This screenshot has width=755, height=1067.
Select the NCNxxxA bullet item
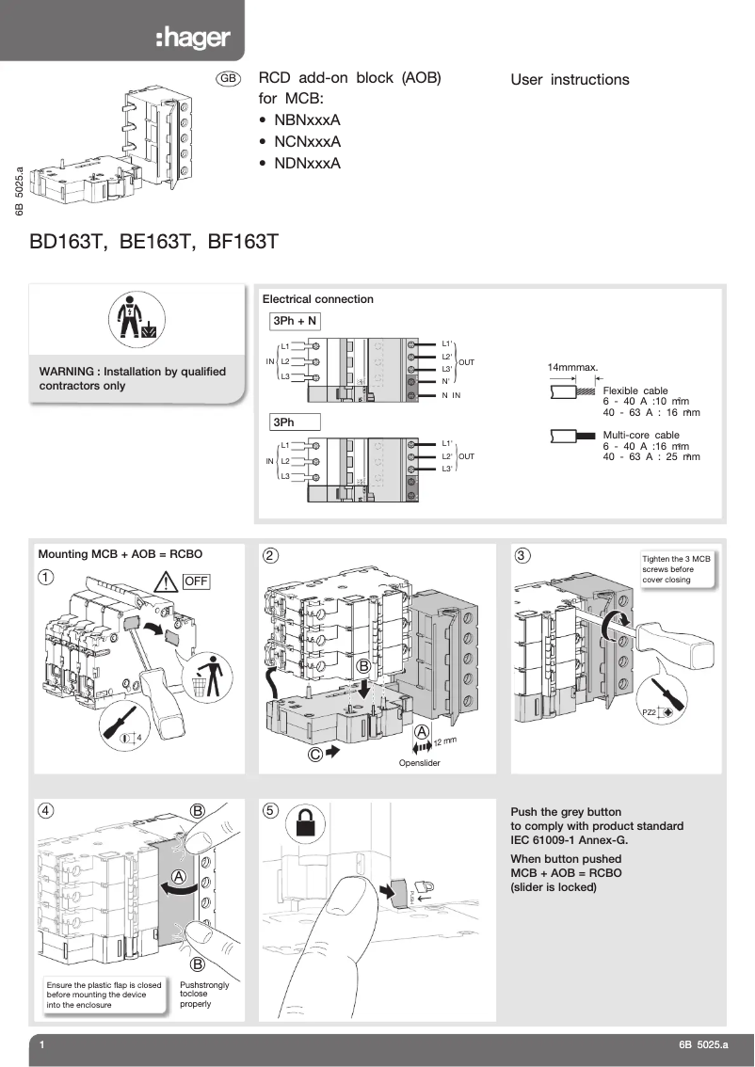307,142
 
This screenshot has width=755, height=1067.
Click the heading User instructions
570,80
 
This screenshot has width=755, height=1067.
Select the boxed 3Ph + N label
295,322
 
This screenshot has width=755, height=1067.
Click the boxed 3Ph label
295,422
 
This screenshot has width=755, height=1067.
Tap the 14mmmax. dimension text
573,367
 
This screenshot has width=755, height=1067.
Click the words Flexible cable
635,390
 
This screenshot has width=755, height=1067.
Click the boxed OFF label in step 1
196,581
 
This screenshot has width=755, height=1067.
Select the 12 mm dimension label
445,741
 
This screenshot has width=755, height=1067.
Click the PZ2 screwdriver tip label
649,712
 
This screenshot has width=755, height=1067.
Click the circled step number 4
46,810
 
